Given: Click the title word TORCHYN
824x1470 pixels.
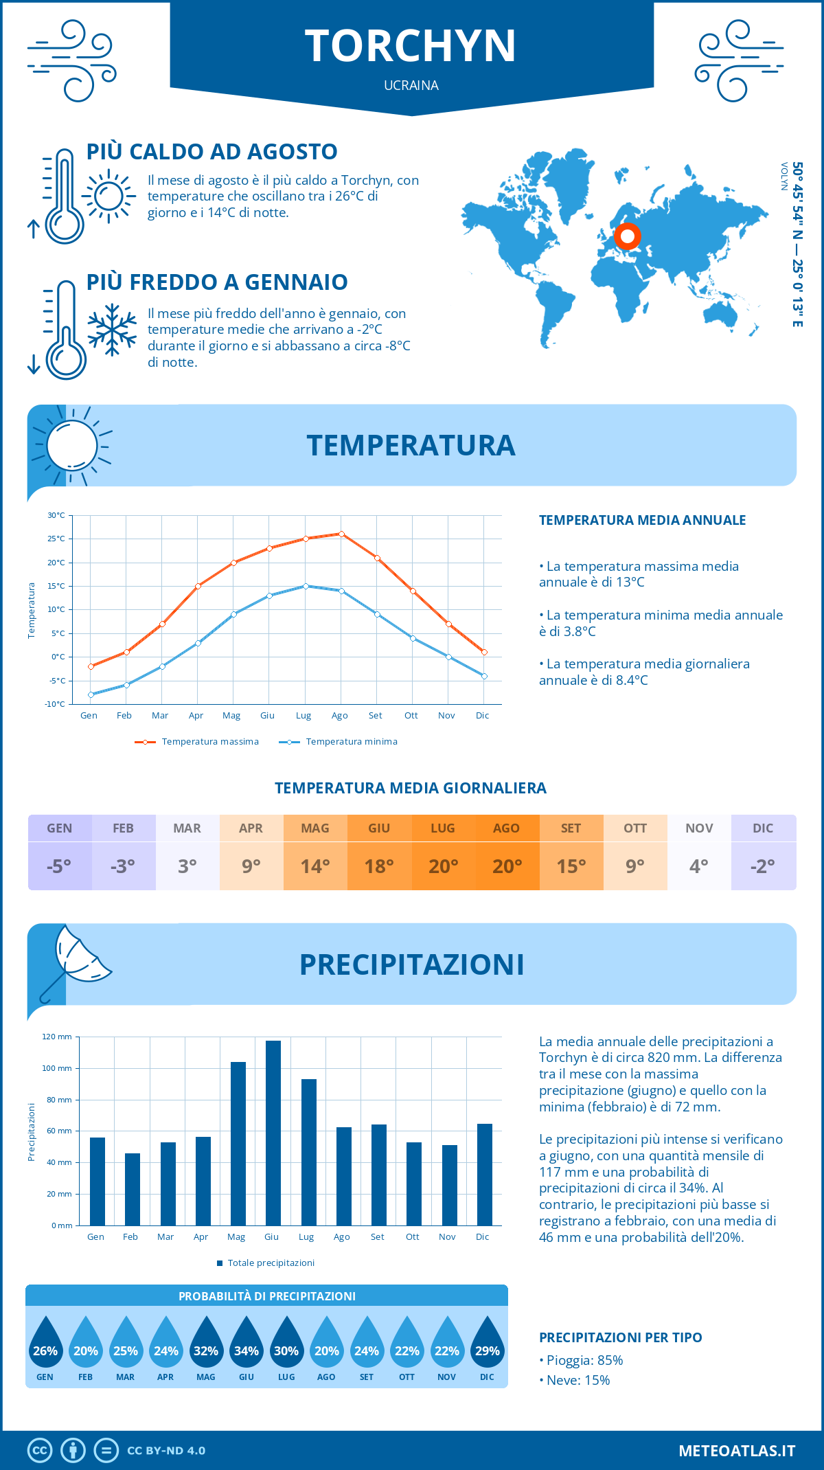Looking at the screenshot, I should (x=411, y=46).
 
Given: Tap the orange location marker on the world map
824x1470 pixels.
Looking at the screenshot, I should (x=627, y=236).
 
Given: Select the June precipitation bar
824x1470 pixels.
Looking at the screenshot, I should (x=273, y=1133).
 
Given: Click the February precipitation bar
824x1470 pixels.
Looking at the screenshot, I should (x=133, y=1189).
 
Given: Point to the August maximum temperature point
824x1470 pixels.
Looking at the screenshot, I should (x=341, y=534).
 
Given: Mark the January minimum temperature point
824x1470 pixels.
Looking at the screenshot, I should (x=91, y=694).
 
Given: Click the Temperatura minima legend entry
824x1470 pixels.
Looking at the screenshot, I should (x=339, y=742).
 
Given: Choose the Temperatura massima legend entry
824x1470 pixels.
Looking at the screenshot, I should (x=198, y=742).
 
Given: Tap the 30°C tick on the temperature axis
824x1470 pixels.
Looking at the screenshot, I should (x=56, y=515).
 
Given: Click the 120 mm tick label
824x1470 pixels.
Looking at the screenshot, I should (x=57, y=1037).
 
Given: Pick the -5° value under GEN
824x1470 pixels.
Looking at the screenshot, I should (x=59, y=866).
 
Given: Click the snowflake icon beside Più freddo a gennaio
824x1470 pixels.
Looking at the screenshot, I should (x=112, y=330).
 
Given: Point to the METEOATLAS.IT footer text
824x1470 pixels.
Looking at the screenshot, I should (x=737, y=1451).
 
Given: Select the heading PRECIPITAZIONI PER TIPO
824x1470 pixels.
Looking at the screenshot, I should (x=621, y=1337).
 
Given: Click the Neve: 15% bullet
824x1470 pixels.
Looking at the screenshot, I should (x=575, y=1380).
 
